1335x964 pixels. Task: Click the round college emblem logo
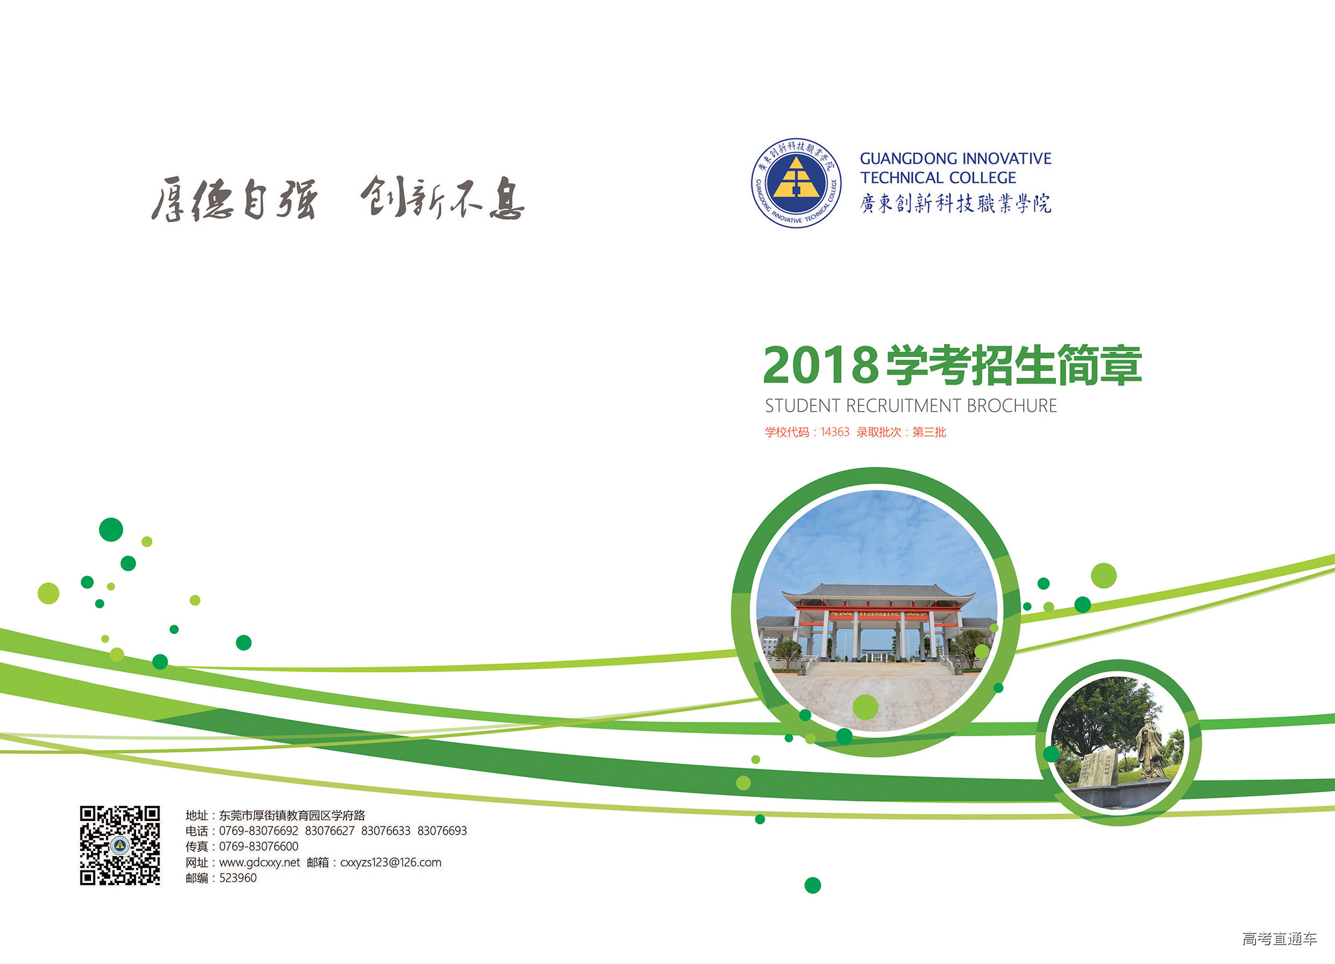tap(796, 183)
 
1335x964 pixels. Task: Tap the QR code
tap(120, 845)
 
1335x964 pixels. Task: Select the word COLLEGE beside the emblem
tap(983, 178)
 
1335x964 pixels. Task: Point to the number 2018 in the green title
tap(820, 365)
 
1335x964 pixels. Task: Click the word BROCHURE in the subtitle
tap(1012, 406)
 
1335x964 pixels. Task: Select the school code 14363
tap(835, 432)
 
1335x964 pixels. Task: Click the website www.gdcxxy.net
tap(259, 862)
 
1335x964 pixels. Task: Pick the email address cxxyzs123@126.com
tap(390, 862)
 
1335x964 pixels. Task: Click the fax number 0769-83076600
tap(259, 846)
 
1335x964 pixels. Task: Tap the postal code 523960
tap(238, 877)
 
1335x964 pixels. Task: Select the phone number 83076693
tap(442, 830)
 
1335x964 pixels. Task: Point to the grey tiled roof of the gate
tap(877, 591)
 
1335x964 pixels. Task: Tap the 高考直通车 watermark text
tap(1279, 938)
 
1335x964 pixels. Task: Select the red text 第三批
tap(929, 432)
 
